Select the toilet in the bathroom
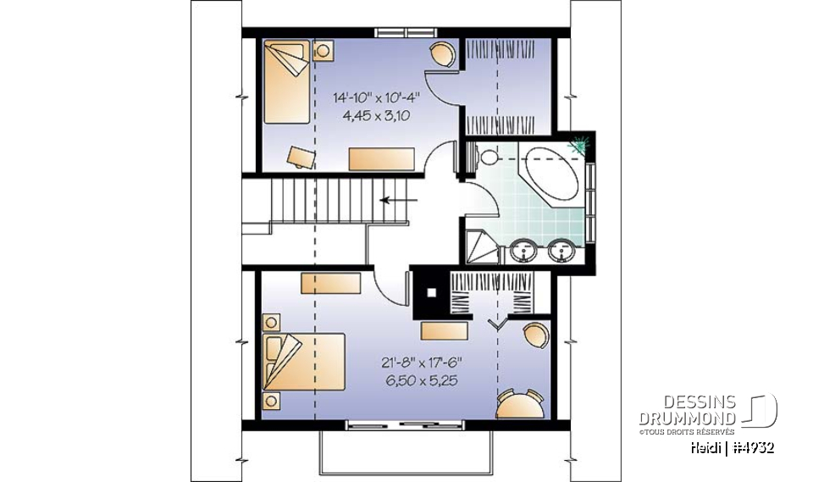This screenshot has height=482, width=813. point(489,158)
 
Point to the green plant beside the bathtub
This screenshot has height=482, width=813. point(580,146)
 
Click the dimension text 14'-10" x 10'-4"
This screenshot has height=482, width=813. point(377,97)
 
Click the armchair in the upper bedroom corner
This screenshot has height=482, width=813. point(441,53)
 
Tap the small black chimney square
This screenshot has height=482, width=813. point(431,294)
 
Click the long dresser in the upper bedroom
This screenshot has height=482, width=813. point(381,158)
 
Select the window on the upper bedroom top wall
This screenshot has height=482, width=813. point(402,32)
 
